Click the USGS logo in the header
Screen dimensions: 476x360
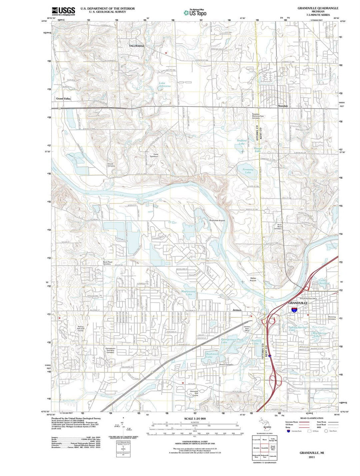pos(64,11)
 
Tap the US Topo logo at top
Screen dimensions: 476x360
pos(195,13)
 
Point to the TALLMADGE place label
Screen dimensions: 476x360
pos(137,46)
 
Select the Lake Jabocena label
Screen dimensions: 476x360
pos(164,85)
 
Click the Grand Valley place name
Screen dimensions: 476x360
pos(63,99)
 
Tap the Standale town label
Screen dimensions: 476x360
pos(283,106)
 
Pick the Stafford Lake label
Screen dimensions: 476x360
pos(242,142)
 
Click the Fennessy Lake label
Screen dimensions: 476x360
pos(248,171)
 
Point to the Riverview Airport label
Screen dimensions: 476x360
pos(217,220)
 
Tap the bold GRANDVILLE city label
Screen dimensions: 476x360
pos(298,303)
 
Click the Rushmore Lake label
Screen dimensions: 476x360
pos(212,355)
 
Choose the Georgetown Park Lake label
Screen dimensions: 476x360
pos(232,341)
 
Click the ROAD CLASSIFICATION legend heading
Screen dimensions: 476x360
pos(311,418)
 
